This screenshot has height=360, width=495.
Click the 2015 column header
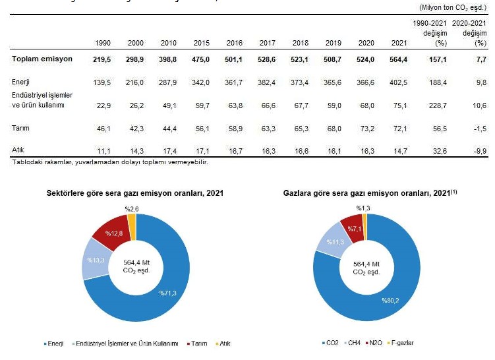(x=202, y=43)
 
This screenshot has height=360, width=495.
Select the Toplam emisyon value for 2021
(x=399, y=59)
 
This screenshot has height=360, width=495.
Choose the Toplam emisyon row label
(x=41, y=59)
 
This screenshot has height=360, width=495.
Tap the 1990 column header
(x=102, y=43)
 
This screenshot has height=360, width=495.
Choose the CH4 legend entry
(x=354, y=343)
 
